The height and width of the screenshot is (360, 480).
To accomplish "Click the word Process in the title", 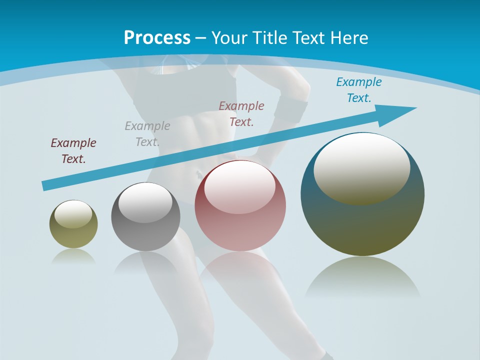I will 157,38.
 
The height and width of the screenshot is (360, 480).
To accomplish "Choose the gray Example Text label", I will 147,134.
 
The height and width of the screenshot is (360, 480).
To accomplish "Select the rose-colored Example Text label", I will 241,114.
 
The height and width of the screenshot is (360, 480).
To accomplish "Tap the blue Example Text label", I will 359,90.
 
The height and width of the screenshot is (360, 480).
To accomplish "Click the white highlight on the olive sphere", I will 73,214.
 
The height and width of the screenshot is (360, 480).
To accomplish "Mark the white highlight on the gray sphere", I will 145,202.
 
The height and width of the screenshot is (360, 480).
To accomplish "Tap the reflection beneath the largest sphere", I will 362,277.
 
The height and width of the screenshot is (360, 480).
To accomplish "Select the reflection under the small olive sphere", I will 73,257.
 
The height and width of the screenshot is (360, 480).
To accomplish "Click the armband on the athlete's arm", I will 290,110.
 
